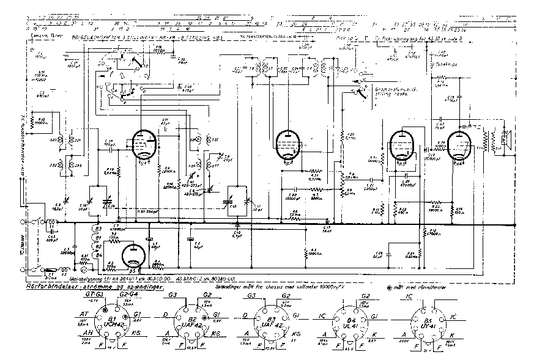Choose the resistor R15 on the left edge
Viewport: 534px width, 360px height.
tap(38, 122)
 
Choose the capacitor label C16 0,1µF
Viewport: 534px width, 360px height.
tap(237, 232)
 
